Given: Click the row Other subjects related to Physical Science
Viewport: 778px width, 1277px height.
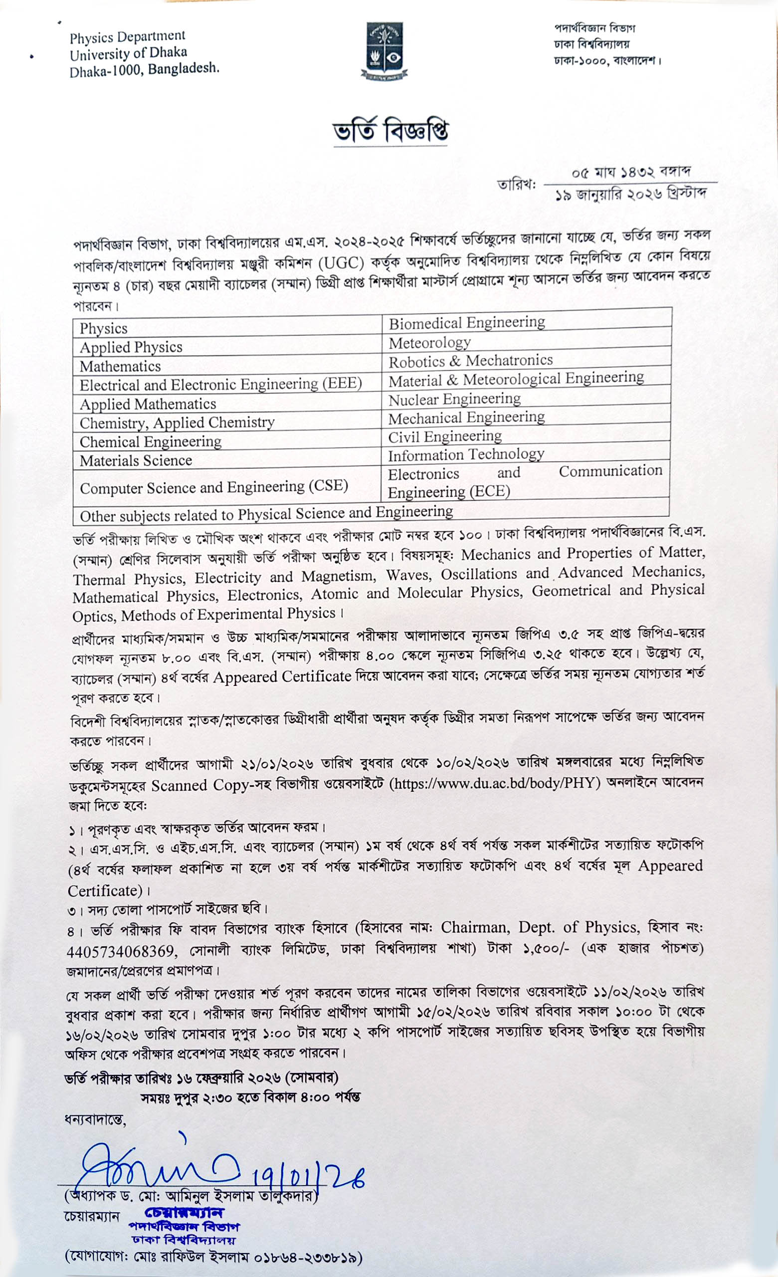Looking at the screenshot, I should (x=266, y=514).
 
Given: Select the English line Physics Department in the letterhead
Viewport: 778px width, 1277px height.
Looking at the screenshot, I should (x=127, y=37).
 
